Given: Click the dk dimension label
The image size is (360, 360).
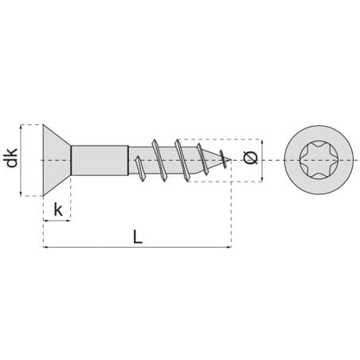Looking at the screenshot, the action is (12, 158).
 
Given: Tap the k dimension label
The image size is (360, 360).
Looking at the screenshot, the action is (58, 209).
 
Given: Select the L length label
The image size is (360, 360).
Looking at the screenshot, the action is (138, 237).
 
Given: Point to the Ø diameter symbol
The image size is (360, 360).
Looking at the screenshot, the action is (250, 158).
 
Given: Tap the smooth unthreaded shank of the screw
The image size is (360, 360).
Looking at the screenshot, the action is (100, 160).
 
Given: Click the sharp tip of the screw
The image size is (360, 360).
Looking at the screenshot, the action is (231, 160).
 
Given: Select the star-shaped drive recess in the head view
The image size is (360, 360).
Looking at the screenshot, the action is (319, 160).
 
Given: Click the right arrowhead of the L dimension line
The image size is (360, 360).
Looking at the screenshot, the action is (229, 247).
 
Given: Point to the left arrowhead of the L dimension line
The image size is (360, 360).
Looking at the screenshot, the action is (45, 247).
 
